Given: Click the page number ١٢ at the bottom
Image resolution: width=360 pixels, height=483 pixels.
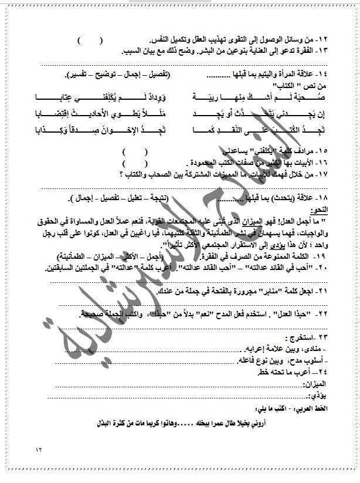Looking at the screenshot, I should point(39,450).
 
